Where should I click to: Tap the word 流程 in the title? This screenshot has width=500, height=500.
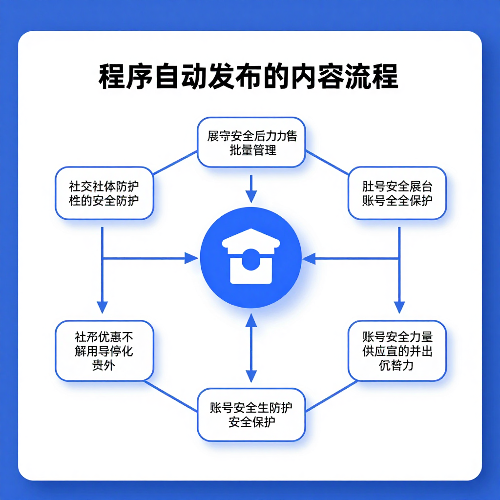372,77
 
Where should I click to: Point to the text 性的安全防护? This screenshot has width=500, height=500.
104,200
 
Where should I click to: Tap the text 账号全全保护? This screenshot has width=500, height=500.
397,200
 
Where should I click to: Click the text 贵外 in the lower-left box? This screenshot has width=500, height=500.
103,364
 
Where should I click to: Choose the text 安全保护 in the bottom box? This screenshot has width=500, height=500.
251,421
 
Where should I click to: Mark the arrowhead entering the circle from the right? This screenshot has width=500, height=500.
309,258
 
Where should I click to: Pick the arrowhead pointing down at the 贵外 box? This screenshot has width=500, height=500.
102,307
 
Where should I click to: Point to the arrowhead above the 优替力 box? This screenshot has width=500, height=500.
399,307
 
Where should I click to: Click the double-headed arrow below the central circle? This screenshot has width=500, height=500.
251,348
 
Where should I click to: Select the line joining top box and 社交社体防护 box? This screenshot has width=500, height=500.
175,163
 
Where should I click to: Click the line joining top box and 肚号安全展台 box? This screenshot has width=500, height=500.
327,163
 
